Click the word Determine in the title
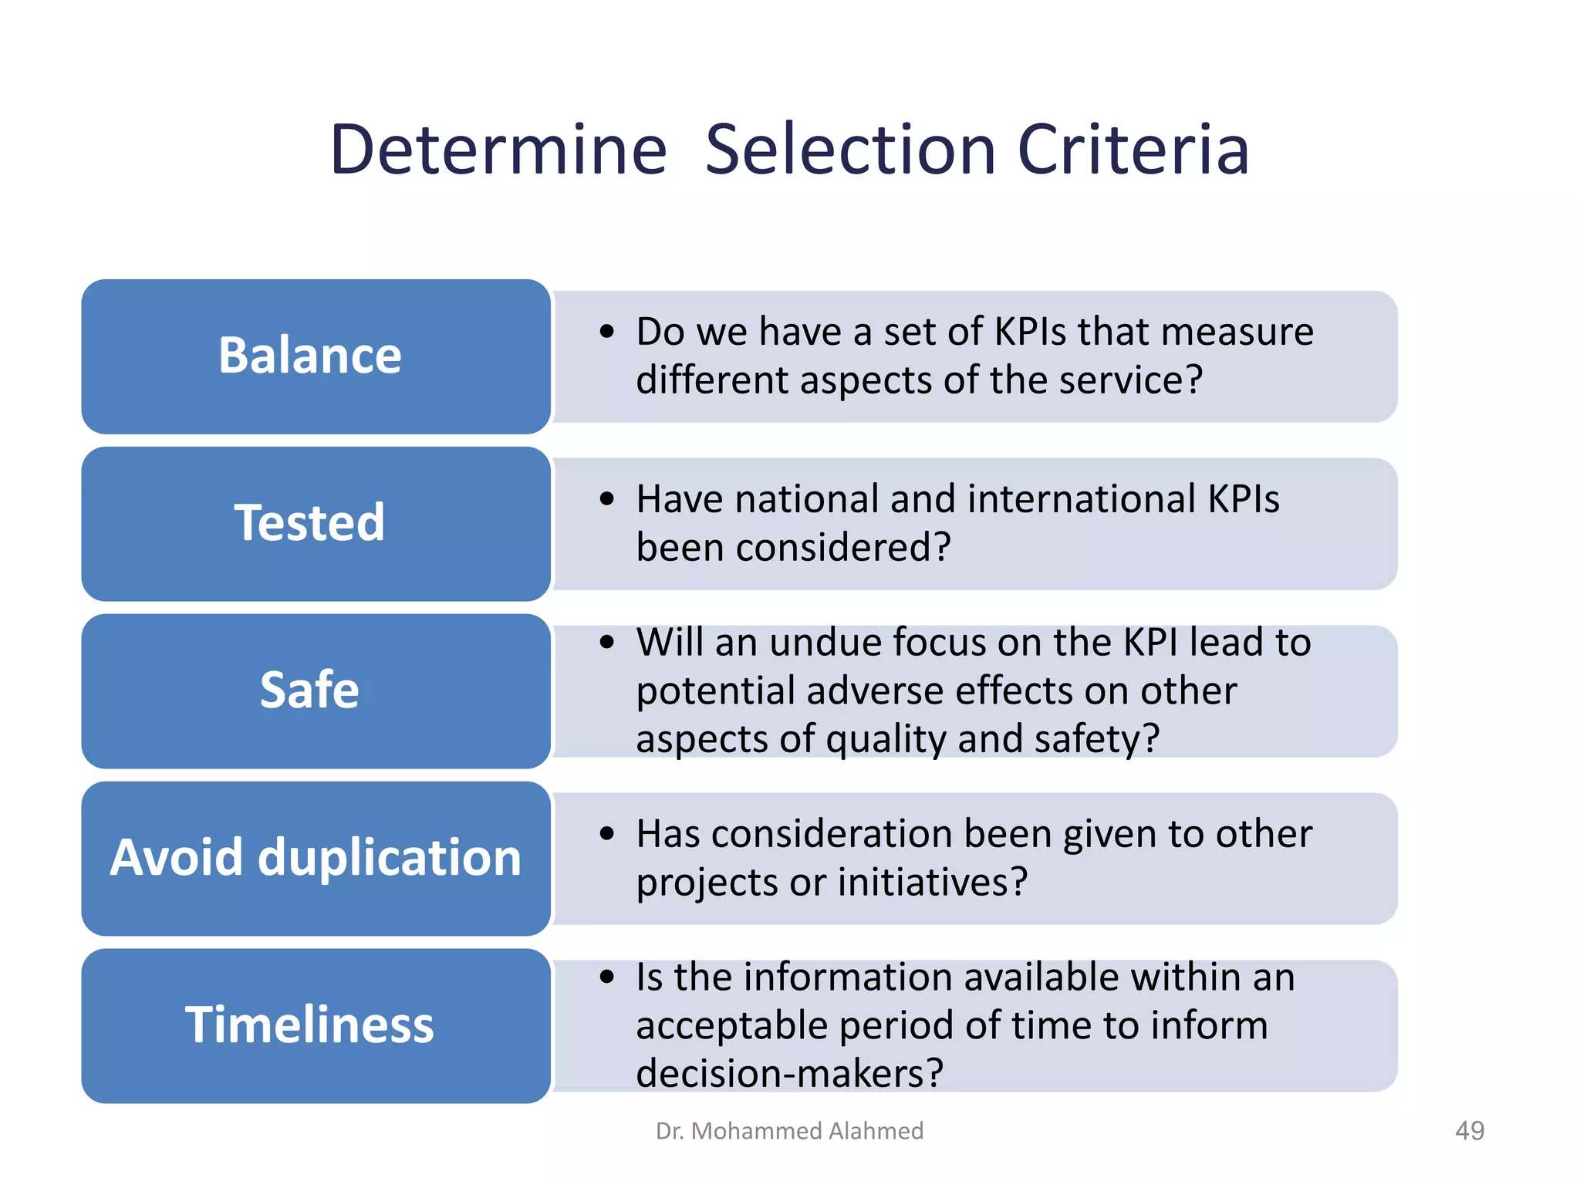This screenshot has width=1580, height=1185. (x=498, y=150)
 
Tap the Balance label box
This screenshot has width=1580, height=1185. (x=316, y=356)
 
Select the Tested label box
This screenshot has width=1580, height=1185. (x=316, y=524)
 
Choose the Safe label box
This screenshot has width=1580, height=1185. (x=316, y=690)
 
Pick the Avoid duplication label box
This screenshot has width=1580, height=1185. (x=316, y=858)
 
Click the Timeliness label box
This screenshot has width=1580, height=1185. (x=316, y=1025)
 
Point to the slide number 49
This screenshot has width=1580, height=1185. (x=1469, y=1131)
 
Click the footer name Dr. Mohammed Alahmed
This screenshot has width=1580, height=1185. (x=789, y=1131)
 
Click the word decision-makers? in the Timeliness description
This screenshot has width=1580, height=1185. (x=789, y=1073)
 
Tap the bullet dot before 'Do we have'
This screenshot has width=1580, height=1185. (x=607, y=333)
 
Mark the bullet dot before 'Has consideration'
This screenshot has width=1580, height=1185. (x=607, y=834)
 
